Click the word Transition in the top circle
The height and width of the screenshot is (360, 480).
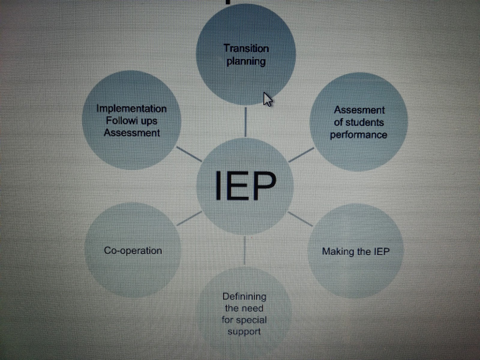[246, 49]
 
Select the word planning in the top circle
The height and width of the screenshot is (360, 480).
[246, 62]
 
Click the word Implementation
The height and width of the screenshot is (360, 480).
[132, 109]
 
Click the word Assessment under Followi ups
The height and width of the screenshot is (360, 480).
[132, 133]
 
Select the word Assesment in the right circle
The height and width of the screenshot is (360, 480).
[359, 110]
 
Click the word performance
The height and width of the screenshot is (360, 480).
[358, 135]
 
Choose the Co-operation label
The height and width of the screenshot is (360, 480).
[133, 251]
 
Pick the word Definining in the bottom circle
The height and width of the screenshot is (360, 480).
[244, 297]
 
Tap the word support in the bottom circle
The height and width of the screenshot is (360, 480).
[244, 332]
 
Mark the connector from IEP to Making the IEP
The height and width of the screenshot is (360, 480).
[300, 219]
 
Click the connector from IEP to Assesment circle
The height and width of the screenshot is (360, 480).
[301, 155]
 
